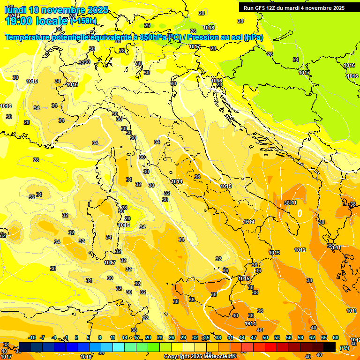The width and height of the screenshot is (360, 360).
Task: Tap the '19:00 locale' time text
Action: pos(37,21)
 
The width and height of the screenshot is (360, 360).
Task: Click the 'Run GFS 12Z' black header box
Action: pos(293,8)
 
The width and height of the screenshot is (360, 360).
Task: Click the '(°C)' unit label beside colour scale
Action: pos(344,348)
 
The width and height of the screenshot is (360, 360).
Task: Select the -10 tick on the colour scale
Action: pos(32,337)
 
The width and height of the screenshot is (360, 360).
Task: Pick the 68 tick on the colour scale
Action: pos(336,337)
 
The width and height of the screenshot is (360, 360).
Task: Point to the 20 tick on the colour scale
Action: pos(148,337)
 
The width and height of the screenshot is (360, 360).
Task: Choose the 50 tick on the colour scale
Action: pos(265,337)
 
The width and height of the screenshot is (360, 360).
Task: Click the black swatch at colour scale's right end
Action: pos(330,347)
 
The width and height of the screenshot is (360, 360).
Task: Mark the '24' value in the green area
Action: pos(295,60)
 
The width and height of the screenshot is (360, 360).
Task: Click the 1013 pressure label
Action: pos(274,253)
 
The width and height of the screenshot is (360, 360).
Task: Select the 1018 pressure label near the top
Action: pos(209,28)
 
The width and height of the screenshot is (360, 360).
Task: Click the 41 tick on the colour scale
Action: pos(230,337)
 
